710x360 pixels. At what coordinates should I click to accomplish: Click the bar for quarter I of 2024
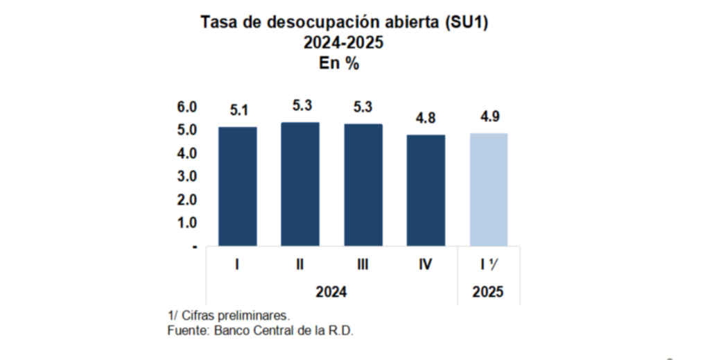pos(237,186)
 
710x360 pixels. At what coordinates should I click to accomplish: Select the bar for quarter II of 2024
pos(300,184)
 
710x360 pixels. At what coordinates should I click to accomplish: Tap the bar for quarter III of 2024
pos(363,185)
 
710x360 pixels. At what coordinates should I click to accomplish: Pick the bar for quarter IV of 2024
pos(426,190)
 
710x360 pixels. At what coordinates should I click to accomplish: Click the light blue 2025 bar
pos(489,189)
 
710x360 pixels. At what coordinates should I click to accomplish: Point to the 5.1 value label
pos(237,110)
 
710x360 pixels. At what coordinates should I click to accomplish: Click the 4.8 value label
pos(426,119)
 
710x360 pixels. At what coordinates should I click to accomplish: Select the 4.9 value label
pos(489,117)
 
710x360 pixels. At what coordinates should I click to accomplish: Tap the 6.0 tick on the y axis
pos(187,108)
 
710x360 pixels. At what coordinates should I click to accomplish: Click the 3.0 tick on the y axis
pos(187,176)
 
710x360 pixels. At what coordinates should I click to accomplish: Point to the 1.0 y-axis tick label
pos(187,223)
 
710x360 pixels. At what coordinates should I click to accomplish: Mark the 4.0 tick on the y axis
pos(187,153)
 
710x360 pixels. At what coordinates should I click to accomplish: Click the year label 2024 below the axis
pos(331,292)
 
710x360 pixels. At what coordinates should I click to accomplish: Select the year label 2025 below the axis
pos(488,292)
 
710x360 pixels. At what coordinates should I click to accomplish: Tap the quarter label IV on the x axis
pos(426,264)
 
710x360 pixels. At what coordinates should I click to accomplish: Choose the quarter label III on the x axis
pos(363,264)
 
